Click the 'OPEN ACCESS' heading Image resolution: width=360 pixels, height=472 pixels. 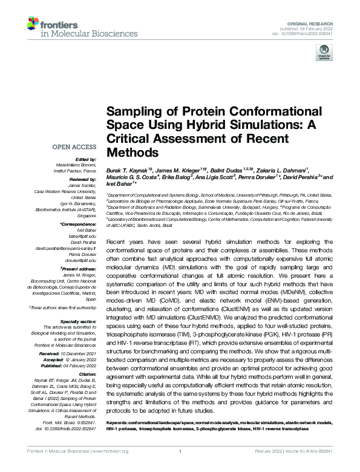click(74, 147)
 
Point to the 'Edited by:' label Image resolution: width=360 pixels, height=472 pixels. click(84, 159)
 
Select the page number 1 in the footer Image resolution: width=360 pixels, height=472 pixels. click(180, 467)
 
